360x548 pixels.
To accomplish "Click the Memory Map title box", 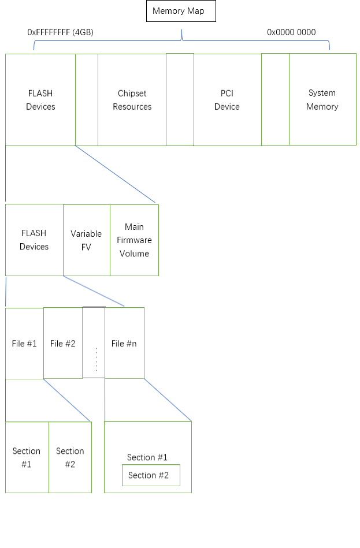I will coord(181,11).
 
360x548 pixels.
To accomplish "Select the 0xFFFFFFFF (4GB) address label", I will coord(60,32).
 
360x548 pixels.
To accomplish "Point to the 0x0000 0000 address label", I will coord(291,32).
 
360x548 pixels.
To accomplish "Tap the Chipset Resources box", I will coord(132,99).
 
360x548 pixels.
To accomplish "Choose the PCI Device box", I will coord(227,99).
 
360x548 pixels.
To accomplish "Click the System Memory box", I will coord(322,99).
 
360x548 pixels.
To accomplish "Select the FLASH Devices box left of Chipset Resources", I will coord(40,99).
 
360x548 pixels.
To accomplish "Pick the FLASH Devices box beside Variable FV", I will coord(34,240).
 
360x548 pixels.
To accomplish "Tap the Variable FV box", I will coord(86,240).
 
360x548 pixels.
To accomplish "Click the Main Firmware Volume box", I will coord(134,240).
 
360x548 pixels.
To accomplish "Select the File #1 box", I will coord(24,344).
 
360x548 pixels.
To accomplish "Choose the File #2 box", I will coord(63,344).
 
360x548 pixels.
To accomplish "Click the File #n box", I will coord(124,344).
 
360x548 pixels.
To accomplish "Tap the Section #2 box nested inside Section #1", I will coord(151,475).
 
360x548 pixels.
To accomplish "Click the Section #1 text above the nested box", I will coord(147,457).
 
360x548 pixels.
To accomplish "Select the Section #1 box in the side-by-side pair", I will coord(27,457).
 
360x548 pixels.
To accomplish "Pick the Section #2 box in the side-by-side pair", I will coord(70,457).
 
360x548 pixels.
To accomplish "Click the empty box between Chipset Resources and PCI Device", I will coord(180,99).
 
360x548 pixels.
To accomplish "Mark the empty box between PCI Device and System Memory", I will coord(275,99).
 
